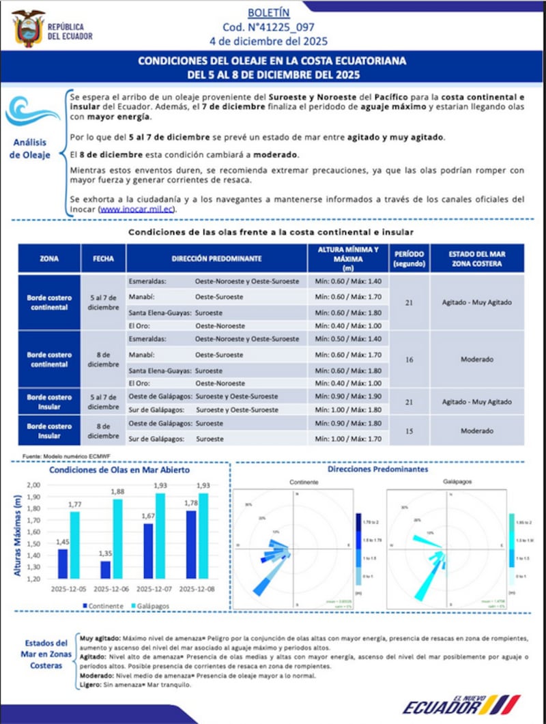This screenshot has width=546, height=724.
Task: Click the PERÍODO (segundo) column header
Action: point(409,259)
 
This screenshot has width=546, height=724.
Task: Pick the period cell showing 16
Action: point(409,359)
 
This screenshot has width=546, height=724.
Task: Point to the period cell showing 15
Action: point(409,431)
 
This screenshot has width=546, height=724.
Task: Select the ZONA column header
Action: point(48,259)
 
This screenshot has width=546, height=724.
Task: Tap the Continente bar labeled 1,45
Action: point(63,563)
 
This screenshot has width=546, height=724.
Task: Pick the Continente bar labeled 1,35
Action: point(104,569)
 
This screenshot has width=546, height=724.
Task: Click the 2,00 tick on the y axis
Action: point(33,484)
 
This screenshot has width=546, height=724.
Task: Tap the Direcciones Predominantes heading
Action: point(377,469)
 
